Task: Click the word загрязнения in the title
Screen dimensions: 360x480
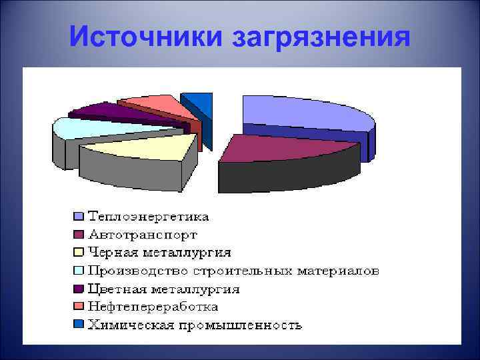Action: coord(321,38)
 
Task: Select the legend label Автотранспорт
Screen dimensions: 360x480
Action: coord(143,235)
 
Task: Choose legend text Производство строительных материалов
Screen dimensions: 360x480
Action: coord(234,271)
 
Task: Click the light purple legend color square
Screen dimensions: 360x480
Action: coord(79,217)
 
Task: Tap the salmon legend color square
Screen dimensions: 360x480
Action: coord(79,307)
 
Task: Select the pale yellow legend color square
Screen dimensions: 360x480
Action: coord(79,253)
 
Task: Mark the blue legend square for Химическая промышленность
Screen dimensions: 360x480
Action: coord(79,325)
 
